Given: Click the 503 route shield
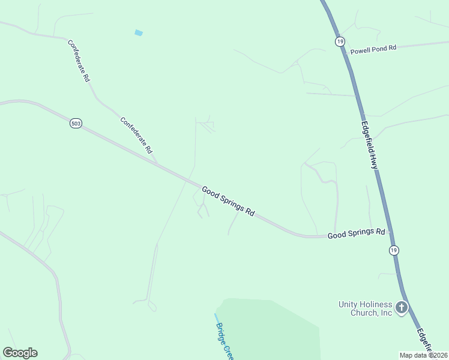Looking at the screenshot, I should click(x=76, y=123).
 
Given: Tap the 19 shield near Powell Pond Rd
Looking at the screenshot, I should click(x=340, y=41).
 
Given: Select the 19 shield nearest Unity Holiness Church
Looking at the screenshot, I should click(x=393, y=250).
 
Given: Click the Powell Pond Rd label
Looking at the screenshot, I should click(x=373, y=50).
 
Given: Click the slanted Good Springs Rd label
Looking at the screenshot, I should click(x=228, y=201).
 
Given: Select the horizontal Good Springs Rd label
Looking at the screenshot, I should click(x=356, y=233).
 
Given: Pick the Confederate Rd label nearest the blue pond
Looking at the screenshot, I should click(x=79, y=61).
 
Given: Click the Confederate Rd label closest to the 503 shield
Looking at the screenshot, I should click(x=136, y=134).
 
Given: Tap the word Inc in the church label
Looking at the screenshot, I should click(x=385, y=313).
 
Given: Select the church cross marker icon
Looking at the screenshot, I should click(x=402, y=308).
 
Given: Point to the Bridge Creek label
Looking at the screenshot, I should click(x=223, y=338).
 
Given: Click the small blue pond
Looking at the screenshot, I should click(x=139, y=32).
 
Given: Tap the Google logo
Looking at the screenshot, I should click(x=20, y=353).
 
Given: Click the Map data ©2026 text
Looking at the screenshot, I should click(x=423, y=355).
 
